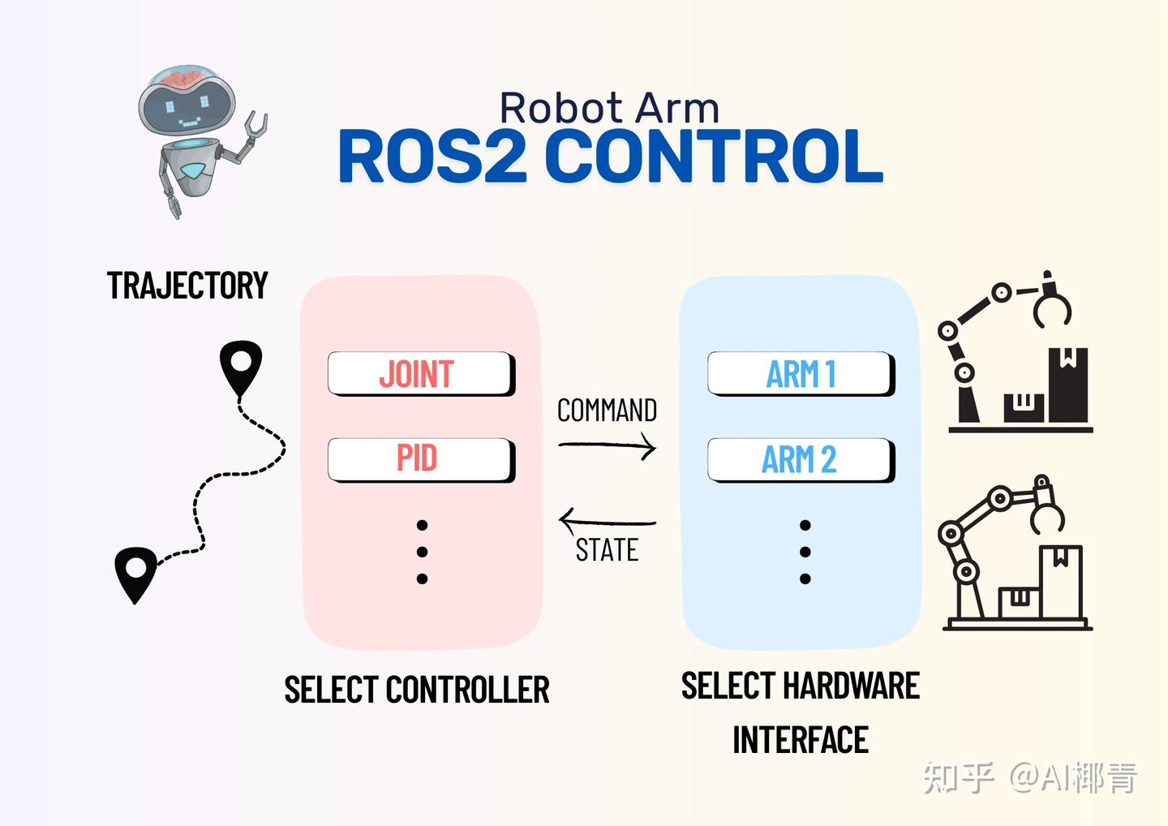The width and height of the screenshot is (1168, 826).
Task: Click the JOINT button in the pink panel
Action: [420, 374]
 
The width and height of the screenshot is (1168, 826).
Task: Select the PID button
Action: [420, 459]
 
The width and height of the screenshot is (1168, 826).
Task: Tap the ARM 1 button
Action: [801, 374]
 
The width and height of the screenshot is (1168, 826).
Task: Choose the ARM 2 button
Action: [801, 459]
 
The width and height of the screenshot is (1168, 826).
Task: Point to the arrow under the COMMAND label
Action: [608, 445]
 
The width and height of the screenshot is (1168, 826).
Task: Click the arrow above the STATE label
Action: [608, 521]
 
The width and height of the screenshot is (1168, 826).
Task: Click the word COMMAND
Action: [607, 411]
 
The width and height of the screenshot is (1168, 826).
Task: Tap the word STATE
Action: [607, 551]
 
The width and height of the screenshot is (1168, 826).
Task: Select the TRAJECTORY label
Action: [187, 286]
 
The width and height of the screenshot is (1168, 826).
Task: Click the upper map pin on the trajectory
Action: [241, 365]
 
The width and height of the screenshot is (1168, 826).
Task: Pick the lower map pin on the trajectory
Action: [135, 571]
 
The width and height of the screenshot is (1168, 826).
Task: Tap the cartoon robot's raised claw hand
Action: [255, 127]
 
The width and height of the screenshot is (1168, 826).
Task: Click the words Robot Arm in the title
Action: [609, 109]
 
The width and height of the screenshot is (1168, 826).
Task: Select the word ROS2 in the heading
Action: [433, 157]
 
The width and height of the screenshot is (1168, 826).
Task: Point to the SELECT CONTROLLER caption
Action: [417, 690]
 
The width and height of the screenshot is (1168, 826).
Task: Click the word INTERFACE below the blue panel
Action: [801, 740]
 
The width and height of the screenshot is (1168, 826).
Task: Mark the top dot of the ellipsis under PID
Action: [422, 526]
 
